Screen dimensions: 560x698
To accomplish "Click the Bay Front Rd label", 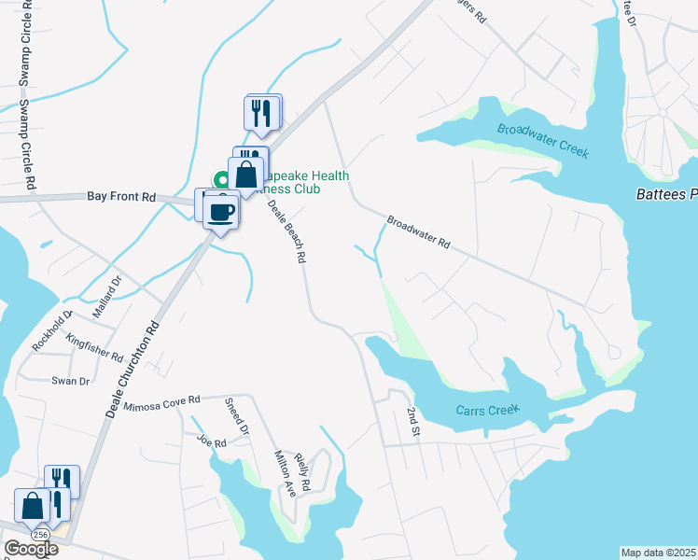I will point(121,197).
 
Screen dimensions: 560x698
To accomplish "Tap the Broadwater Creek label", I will point(545,141).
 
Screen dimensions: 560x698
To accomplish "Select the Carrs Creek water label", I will point(486,411).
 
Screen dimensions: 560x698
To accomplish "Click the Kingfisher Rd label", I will point(95,350).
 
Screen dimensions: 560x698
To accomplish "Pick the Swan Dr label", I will point(70,381).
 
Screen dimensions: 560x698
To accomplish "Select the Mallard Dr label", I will point(110,292).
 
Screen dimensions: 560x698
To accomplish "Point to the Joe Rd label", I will point(212,441).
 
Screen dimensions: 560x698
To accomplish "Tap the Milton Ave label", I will point(285,472).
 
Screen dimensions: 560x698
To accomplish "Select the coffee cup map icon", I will point(221,211).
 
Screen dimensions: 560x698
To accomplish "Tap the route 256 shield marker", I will point(40,534).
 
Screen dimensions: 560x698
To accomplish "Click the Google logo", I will point(30,549).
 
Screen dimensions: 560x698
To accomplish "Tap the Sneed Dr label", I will point(237,416).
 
